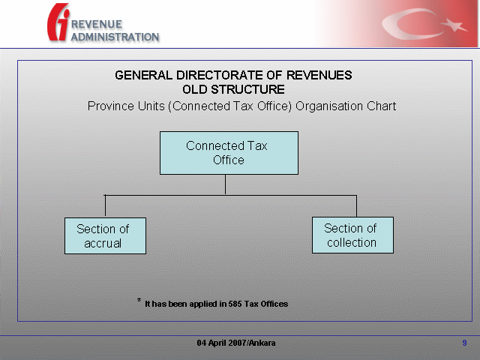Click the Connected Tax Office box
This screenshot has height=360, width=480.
click(229, 153)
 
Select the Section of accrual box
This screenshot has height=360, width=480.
click(105, 235)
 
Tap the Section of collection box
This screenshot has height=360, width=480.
click(352, 235)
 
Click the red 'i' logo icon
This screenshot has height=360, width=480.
click(58, 22)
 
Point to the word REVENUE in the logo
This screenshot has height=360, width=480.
click(97, 24)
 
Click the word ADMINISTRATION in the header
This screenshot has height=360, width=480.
click(115, 37)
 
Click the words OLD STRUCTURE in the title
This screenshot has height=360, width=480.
click(233, 89)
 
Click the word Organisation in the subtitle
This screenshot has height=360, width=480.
click(329, 106)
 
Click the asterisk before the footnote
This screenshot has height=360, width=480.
click(139, 300)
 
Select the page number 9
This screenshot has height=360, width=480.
click(464, 343)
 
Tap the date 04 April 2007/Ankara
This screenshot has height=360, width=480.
click(236, 343)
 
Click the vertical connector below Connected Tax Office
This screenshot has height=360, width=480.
click(225, 184)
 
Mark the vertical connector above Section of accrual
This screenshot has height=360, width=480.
click(105, 206)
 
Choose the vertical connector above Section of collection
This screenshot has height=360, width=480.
click(357, 206)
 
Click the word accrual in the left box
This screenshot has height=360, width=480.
click(103, 243)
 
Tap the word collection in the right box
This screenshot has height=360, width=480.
click(352, 242)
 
